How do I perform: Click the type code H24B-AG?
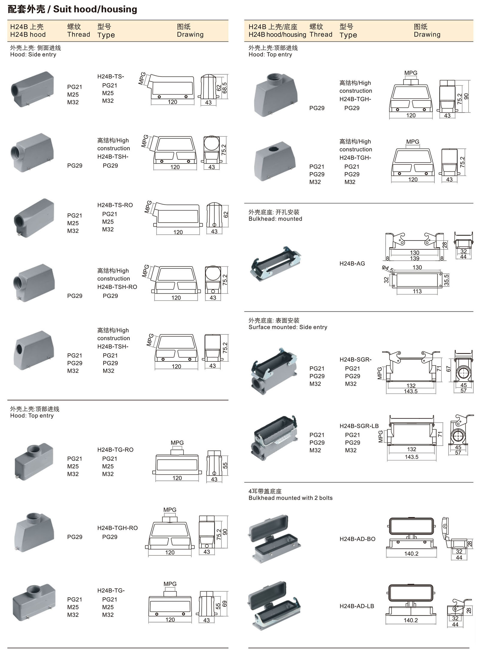(x=352, y=263)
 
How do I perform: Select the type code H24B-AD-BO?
(x=357, y=539)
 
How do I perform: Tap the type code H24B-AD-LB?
(x=357, y=606)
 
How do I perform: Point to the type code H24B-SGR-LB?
(x=359, y=426)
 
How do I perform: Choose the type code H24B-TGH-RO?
(x=117, y=528)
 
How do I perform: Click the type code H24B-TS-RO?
(x=115, y=205)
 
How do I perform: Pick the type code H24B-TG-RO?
(x=115, y=450)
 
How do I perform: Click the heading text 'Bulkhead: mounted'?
(x=275, y=219)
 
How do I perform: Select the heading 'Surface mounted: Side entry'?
(x=288, y=327)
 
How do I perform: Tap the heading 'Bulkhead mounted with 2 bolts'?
(x=290, y=498)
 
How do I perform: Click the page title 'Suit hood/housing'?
(x=95, y=9)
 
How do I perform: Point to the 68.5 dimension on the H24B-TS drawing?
(x=225, y=88)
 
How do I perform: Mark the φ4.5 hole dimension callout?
(x=387, y=269)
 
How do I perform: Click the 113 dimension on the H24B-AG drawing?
(x=417, y=291)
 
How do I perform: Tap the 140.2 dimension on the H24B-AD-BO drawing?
(x=411, y=553)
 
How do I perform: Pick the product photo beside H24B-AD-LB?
(x=274, y=605)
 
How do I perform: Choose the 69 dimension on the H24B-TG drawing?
(x=225, y=604)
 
